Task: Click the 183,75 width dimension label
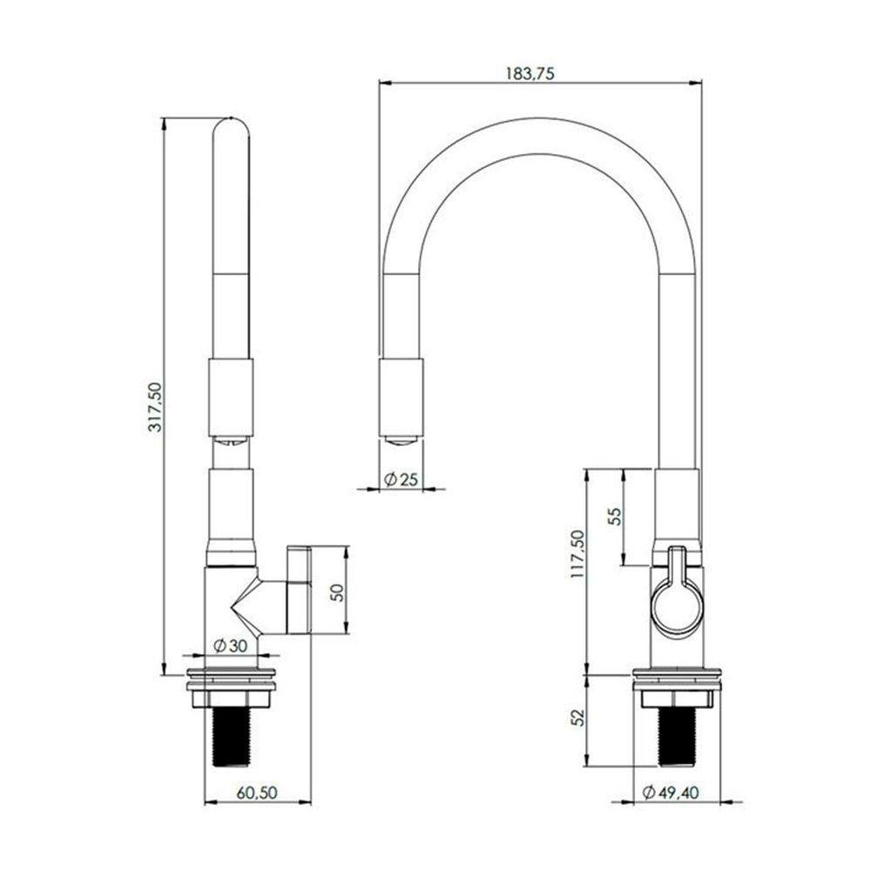[x=530, y=73]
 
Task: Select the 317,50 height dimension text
[x=156, y=407]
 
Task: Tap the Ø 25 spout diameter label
[x=401, y=479]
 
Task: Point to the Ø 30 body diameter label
[x=230, y=645]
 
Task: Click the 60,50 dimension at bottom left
[x=256, y=793]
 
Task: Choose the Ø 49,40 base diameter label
[x=671, y=792]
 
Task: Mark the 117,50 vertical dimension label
[x=577, y=554]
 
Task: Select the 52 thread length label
[x=578, y=717]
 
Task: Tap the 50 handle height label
[x=337, y=592]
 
